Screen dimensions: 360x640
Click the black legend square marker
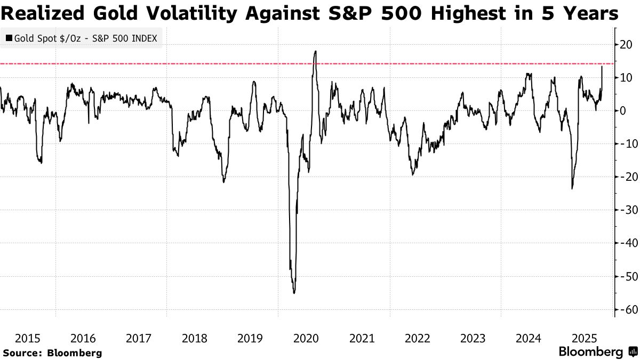pyautogui.click(x=9, y=38)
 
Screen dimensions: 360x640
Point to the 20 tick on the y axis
pyautogui.click(x=626, y=45)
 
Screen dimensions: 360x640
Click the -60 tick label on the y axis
pyautogui.click(x=626, y=309)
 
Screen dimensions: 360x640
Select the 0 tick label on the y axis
pyautogui.click(x=622, y=111)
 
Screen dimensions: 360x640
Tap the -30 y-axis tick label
pyautogui.click(x=626, y=210)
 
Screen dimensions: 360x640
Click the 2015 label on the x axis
pyautogui.click(x=28, y=338)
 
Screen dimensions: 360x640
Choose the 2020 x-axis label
pyautogui.click(x=306, y=338)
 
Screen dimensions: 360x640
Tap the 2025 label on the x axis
pyautogui.click(x=585, y=338)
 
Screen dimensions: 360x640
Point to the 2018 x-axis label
pyautogui.click(x=195, y=338)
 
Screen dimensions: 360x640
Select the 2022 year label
pyautogui.click(x=418, y=338)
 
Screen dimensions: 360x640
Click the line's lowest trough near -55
pyautogui.click(x=294, y=293)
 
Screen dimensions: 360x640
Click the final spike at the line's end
pyautogui.click(x=602, y=66)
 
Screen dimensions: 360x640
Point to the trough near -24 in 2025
pyautogui.click(x=572, y=188)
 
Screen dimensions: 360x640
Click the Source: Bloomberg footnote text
pyautogui.click(x=52, y=353)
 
